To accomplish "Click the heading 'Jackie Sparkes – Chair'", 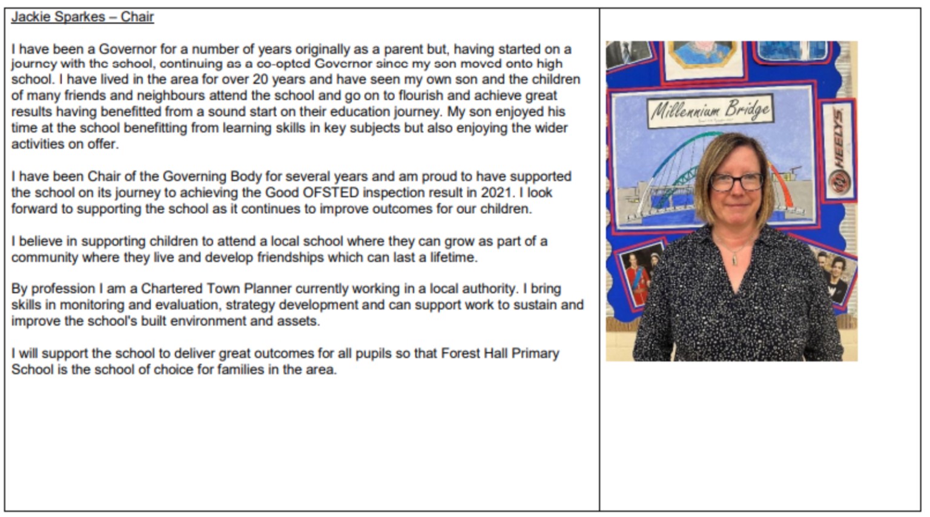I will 82,17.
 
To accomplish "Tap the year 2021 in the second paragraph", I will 500,193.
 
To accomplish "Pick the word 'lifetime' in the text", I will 453,257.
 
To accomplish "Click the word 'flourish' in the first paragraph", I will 421,96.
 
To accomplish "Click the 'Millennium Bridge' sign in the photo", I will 710,110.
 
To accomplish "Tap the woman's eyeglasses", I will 736,181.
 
